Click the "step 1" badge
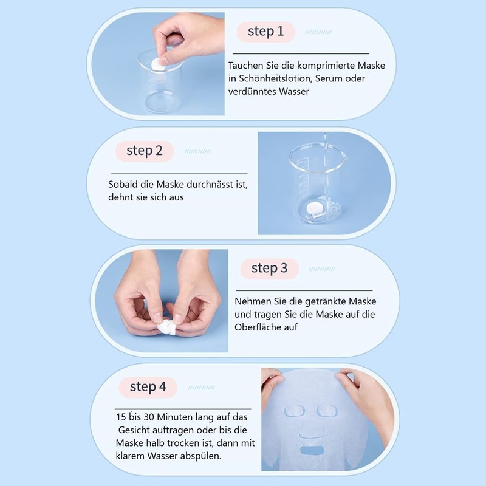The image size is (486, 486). (265, 32)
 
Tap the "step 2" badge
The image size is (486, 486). (145, 151)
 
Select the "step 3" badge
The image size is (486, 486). (269, 268)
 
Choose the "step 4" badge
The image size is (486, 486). (148, 387)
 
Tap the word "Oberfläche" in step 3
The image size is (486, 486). (258, 327)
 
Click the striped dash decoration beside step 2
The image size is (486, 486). (197, 151)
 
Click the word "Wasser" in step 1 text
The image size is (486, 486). (290, 92)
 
